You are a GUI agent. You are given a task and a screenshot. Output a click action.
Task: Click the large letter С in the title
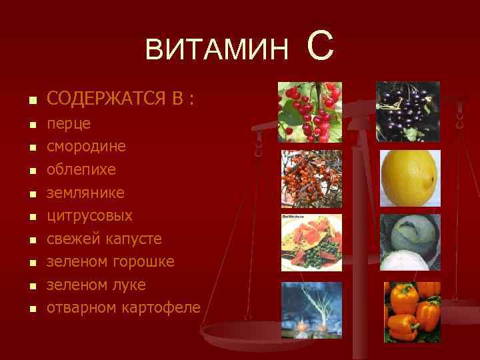click(320, 47)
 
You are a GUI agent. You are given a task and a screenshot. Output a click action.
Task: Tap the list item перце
click(69, 123)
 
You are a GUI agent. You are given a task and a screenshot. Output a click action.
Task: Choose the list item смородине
click(86, 146)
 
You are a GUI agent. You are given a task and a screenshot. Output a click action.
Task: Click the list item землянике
click(85, 192)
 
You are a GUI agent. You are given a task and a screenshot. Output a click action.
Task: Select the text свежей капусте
click(104, 239)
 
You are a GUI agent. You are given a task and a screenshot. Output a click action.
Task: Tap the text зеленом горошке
click(111, 261)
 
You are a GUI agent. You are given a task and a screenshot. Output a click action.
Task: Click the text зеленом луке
click(96, 285)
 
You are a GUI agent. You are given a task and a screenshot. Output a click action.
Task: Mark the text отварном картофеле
click(123, 307)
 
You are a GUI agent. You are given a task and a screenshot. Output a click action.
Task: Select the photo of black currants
click(408, 111)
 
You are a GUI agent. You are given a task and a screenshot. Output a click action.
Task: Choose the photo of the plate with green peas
click(311, 241)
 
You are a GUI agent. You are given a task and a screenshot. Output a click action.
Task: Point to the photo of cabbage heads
click(409, 241)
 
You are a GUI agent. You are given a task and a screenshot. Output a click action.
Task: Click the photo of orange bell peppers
click(411, 311)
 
